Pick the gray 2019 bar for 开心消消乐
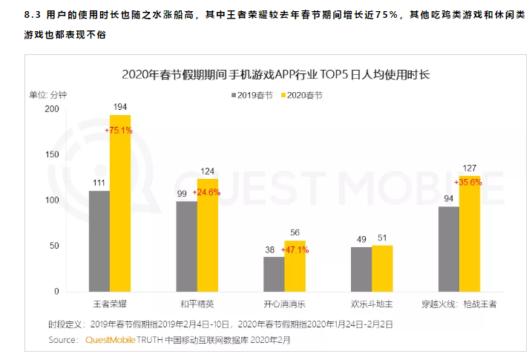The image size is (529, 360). [274, 274]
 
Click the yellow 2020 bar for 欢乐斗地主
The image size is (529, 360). [382, 268]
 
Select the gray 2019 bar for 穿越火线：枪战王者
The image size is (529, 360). [448, 249]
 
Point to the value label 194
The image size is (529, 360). [120, 108]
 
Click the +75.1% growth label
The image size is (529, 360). [119, 130]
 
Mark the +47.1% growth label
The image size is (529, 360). [295, 250]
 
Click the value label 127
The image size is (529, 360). [470, 167]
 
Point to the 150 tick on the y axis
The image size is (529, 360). [51, 154]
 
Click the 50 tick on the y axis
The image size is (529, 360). [53, 246]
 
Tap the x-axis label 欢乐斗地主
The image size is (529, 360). [371, 304]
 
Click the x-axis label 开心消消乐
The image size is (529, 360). [284, 304]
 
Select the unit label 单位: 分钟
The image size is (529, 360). [48, 95]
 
